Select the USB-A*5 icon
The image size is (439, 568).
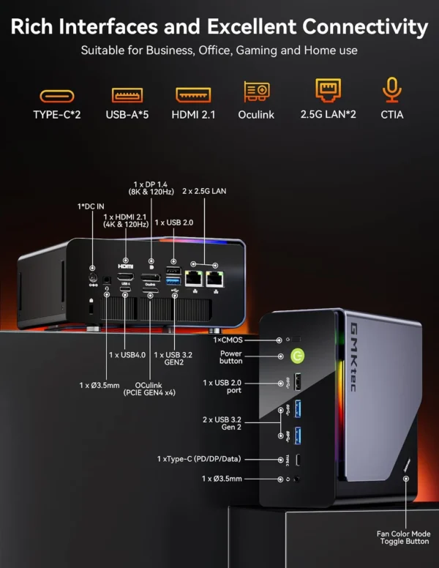(126, 94)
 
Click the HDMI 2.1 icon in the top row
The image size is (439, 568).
(193, 94)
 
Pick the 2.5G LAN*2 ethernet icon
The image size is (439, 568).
(328, 91)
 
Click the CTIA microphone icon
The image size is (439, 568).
(391, 91)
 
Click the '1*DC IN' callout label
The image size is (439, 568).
(91, 206)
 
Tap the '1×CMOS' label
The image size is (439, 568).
(229, 340)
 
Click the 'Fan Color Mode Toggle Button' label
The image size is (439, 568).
(403, 538)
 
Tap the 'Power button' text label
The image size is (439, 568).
(230, 357)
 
